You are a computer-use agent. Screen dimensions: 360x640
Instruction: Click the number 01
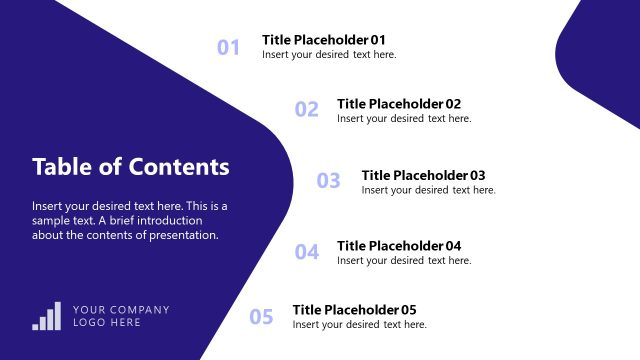coord(229,47)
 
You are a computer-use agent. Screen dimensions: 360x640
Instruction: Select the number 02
coord(306,110)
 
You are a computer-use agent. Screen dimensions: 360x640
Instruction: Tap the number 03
coord(329,181)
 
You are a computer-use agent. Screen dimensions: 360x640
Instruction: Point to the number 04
coord(306,252)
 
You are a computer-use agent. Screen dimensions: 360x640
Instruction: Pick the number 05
coord(261,317)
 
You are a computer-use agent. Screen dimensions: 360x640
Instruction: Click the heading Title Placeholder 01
coord(323,40)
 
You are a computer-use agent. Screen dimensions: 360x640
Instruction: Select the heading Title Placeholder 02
coord(399,103)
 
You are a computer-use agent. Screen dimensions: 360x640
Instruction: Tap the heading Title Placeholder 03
coord(423,175)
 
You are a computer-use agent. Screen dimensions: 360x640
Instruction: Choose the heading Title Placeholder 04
coord(399,246)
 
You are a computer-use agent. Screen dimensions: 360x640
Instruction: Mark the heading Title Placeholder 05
coord(354,310)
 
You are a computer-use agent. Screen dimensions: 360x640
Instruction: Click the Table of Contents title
coord(130,167)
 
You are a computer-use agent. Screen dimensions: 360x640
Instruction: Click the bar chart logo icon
coord(47,316)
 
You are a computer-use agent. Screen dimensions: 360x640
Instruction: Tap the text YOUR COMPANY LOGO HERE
coord(121,316)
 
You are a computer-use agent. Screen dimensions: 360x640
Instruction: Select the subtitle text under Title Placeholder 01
coord(329,55)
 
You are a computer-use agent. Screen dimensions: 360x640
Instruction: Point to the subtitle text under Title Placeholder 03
coord(428,190)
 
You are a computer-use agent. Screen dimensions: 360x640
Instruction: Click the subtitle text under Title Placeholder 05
coord(359,325)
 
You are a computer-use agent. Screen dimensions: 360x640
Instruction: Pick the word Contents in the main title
coord(180,167)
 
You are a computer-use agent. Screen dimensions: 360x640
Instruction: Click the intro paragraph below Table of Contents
coord(130,221)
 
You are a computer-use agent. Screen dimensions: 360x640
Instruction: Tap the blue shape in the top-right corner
coord(605,60)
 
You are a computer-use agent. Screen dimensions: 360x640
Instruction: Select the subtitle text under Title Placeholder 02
coord(404,118)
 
